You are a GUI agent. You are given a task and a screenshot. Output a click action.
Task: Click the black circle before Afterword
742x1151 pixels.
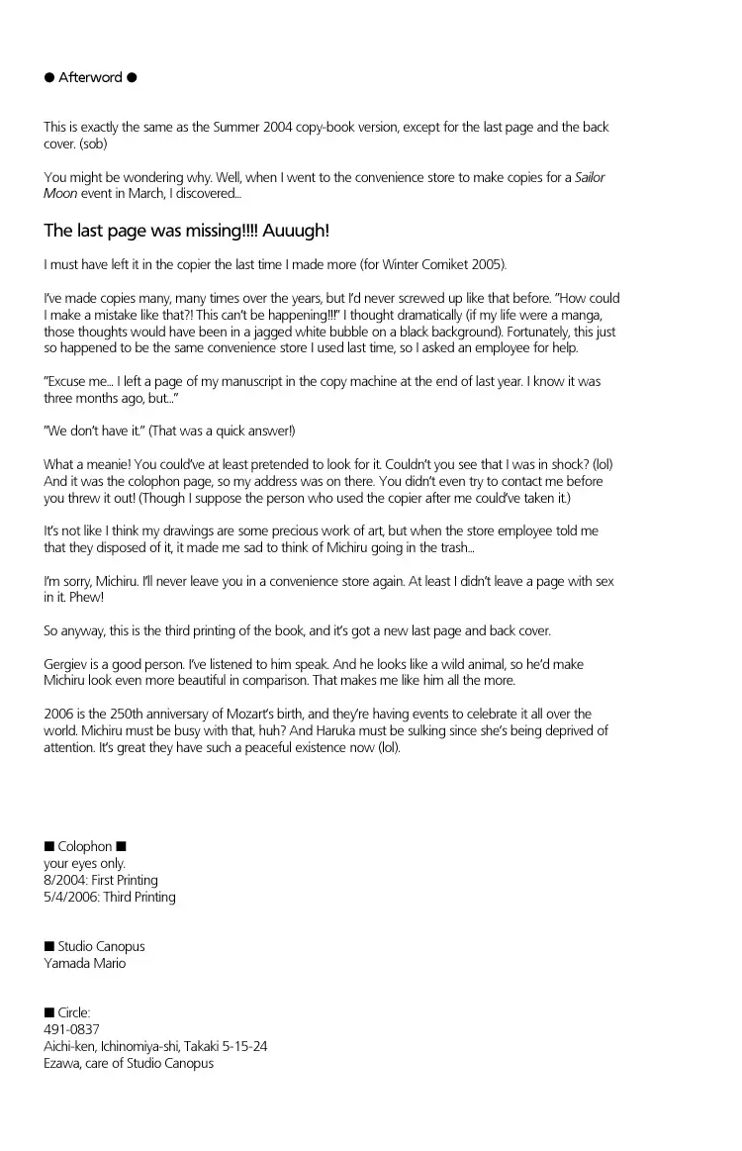[x=48, y=77]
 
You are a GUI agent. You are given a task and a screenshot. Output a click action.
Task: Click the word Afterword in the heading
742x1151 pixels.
[x=90, y=77]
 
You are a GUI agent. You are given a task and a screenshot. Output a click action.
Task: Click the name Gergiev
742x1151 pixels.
[x=67, y=665]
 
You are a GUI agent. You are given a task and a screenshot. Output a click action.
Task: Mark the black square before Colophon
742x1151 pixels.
[x=48, y=846]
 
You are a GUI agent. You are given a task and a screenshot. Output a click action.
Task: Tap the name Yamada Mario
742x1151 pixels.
[x=84, y=963]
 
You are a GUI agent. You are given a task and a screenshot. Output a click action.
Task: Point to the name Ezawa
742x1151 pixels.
[x=63, y=1063]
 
